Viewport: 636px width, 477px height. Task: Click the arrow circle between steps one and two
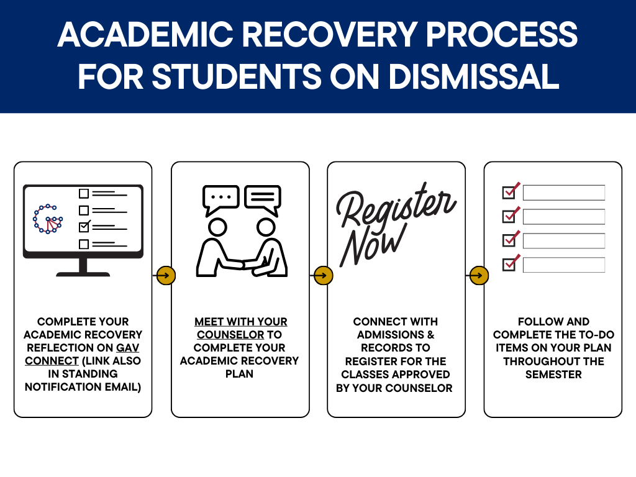(166, 275)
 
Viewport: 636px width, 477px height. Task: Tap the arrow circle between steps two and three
(323, 275)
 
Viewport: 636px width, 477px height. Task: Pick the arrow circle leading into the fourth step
(479, 275)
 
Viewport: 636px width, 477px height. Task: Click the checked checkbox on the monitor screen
(84, 227)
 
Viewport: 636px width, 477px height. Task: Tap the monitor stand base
(83, 273)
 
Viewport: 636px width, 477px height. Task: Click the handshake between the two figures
(242, 265)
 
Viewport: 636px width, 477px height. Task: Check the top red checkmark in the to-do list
(510, 192)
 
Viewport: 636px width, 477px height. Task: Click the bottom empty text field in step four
(563, 265)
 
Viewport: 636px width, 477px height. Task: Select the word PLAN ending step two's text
(240, 374)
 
